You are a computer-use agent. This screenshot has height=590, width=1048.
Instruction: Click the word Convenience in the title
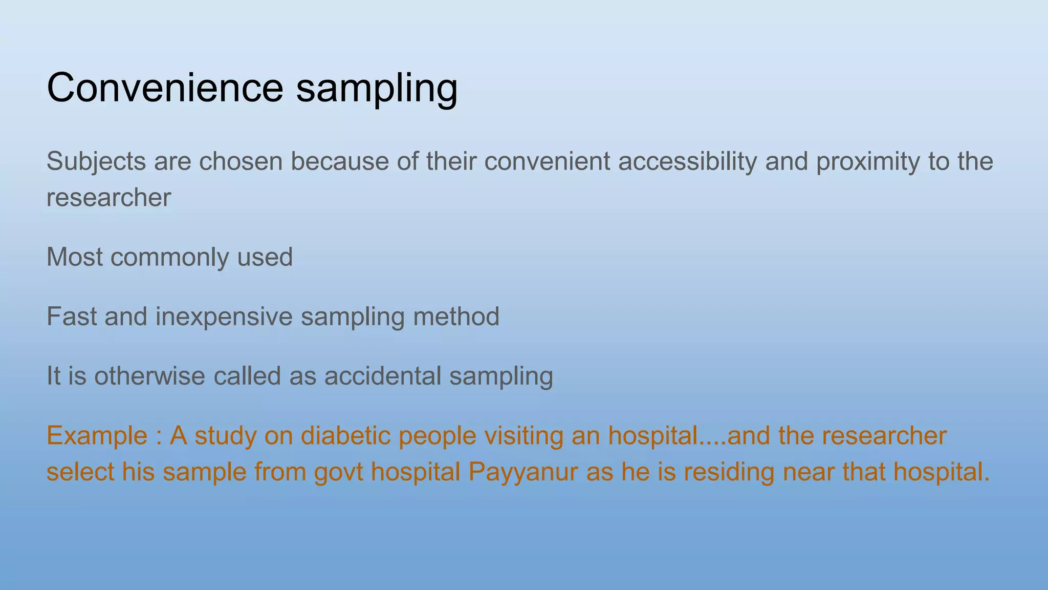pos(165,88)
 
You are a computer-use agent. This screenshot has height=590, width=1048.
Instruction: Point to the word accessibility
pos(687,162)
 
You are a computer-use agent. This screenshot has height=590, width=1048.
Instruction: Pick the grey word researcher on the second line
pos(108,198)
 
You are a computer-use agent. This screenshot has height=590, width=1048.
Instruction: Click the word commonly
pos(169,257)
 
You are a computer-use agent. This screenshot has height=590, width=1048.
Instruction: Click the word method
pos(456,317)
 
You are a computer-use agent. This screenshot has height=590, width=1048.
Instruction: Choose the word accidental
pos(382,376)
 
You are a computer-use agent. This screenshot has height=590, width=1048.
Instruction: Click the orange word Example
pos(97,436)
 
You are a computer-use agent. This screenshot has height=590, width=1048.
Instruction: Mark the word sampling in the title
pos(377,88)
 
